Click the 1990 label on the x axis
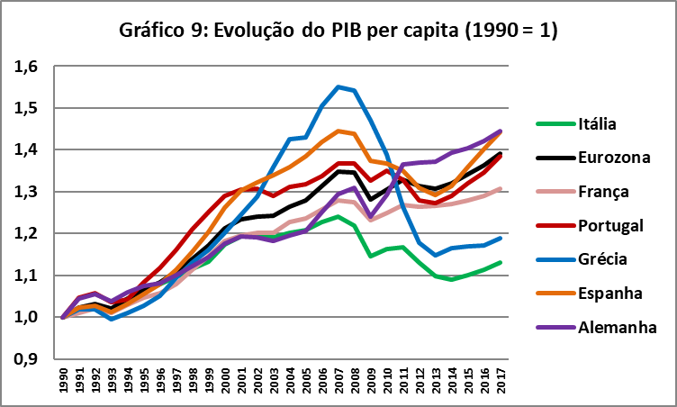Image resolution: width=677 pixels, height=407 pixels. pos(63,381)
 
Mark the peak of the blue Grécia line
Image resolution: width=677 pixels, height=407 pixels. pos(338,86)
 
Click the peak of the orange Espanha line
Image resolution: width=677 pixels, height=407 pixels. pos(338,131)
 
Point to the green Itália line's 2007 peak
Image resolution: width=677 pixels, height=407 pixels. pos(338,216)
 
